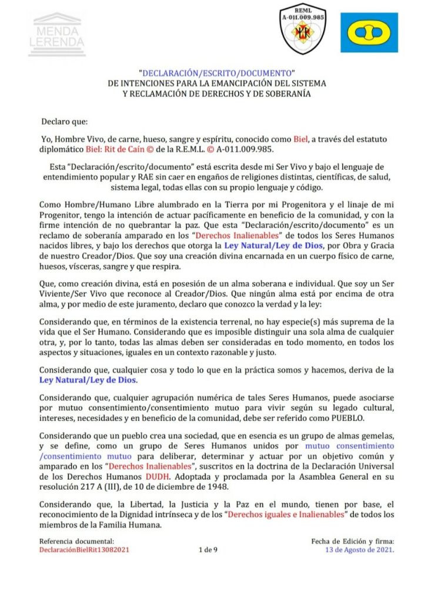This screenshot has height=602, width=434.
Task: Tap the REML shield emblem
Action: coord(303,29)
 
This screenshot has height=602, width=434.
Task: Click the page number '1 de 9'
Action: coord(208,550)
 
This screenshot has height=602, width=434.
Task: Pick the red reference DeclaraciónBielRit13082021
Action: coord(85,550)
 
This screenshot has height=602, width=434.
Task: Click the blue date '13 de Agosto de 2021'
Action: coord(360,550)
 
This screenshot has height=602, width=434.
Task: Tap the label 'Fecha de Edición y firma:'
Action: coord(353,541)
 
